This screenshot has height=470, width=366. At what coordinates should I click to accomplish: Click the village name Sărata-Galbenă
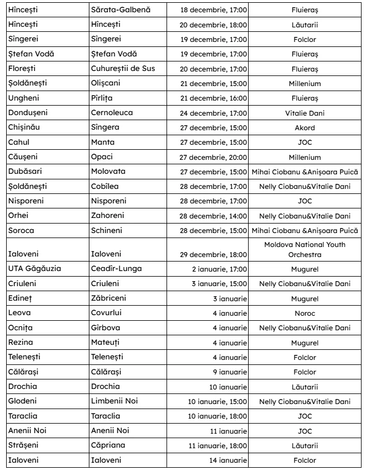point(121,10)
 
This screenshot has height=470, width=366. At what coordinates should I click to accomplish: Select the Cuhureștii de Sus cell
point(123,69)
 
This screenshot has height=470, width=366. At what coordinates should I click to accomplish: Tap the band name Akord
point(305,127)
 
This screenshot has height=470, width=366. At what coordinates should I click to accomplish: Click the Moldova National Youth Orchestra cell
point(305,249)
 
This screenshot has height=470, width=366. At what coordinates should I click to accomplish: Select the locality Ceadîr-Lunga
point(116,269)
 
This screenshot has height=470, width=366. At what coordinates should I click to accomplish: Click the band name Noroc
point(305,313)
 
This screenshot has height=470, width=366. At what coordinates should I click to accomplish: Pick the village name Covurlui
point(108,313)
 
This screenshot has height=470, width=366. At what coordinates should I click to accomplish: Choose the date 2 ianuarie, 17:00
point(219,269)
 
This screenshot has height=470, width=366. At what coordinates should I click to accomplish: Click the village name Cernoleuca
point(112,113)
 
